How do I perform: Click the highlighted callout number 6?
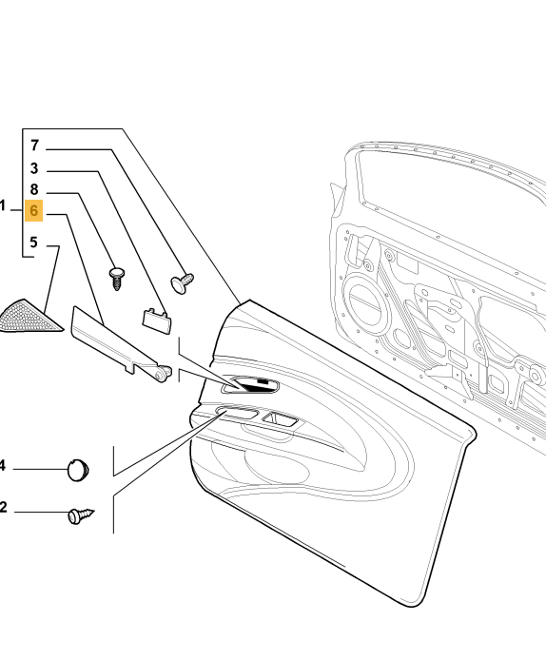tap(33, 210)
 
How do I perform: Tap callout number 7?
tap(34, 146)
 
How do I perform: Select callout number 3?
tap(34, 168)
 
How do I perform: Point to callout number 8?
tap(34, 189)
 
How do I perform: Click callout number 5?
tap(33, 243)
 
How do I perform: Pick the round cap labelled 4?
tap(78, 470)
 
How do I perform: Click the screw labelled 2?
tap(81, 515)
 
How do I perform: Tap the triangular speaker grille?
tap(29, 318)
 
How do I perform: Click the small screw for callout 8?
tap(117, 278)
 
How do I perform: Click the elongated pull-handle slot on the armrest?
tap(237, 412)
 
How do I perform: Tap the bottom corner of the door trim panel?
tap(411, 606)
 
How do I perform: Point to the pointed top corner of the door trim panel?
tap(249, 301)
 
